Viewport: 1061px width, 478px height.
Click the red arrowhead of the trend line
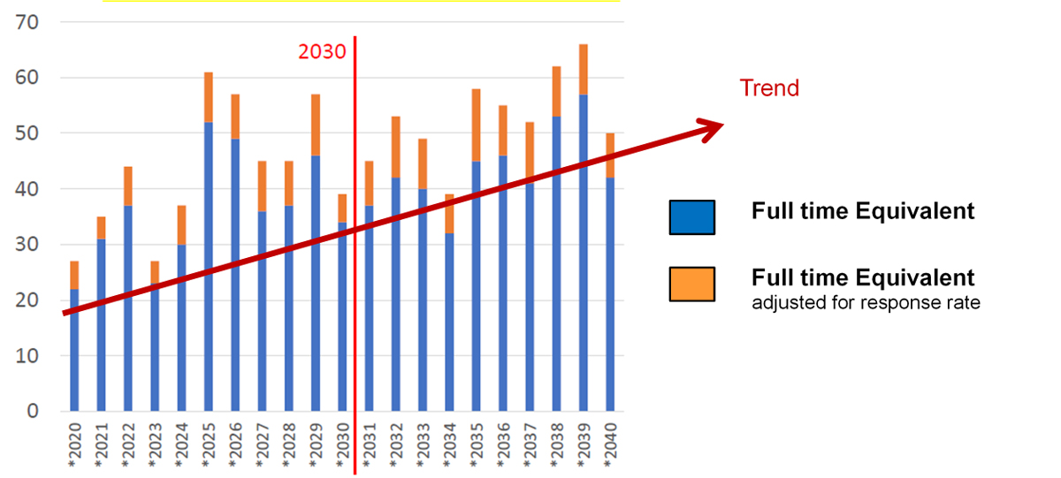point(711,129)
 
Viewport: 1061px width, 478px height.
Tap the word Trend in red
point(768,88)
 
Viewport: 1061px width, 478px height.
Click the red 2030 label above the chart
point(322,51)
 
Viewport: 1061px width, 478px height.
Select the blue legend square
point(691,216)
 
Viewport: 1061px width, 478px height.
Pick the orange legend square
point(691,285)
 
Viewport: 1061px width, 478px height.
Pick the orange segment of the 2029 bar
point(316,125)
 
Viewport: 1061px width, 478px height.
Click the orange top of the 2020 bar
point(74,275)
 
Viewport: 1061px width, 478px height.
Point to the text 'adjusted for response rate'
point(866,304)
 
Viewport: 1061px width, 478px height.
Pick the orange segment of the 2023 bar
point(155,272)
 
